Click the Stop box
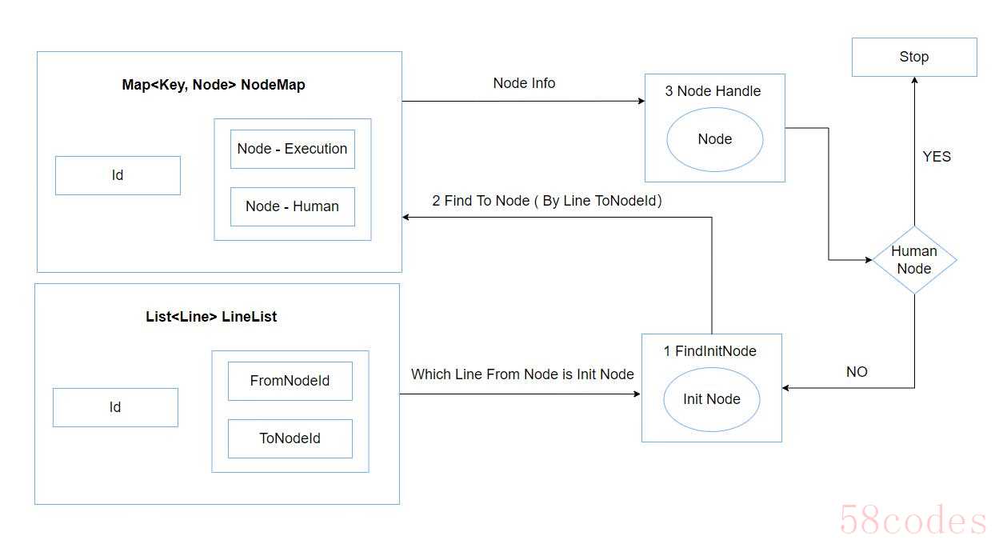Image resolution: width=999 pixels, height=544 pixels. pos(914,57)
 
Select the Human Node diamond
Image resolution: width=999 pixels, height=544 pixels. pos(914,260)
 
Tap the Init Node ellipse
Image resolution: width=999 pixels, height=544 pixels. pos(712,399)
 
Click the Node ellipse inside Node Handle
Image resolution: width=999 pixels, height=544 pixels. pos(715,139)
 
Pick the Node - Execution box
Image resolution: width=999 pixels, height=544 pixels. pos(293,149)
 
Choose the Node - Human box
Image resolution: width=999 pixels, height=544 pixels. pos(293,206)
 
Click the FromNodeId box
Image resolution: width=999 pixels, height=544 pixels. pos(290,381)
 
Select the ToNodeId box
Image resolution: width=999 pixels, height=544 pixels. pos(290,438)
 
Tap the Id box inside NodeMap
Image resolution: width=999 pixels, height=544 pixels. pos(118,175)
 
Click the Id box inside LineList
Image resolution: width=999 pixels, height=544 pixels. pos(115,407)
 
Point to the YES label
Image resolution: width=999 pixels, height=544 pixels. pos(937,157)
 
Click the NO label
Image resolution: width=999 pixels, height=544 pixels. pos(857,372)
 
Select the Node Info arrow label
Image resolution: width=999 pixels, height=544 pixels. pos(524,83)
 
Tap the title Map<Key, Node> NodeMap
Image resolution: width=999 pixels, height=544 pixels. pos(214,85)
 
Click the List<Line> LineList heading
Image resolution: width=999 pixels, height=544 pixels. pos(211,317)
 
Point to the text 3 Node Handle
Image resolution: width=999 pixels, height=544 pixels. pos(713,91)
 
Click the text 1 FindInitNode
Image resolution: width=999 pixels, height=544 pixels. pos(710,351)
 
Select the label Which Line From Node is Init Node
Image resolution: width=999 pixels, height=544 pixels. pos(522,374)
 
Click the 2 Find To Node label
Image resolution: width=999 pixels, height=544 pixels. pos(547,201)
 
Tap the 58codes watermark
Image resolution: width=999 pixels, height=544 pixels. pos(913,519)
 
